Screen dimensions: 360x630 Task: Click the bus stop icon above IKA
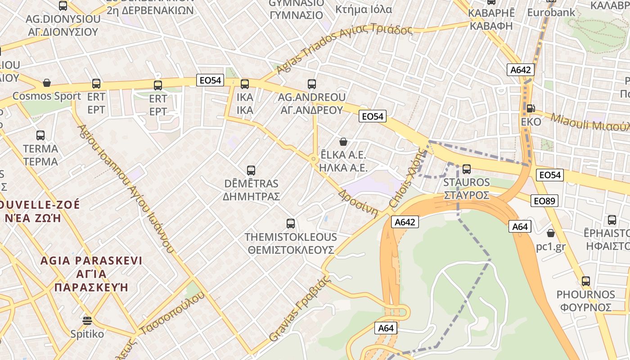(x=245, y=84)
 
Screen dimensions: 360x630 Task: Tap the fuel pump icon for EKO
(x=531, y=108)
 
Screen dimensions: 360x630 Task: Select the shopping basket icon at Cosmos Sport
(x=47, y=83)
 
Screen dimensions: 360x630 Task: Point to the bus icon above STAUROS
(x=467, y=169)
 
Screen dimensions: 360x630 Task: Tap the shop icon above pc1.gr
(x=550, y=233)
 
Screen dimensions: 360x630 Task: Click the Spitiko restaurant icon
(x=87, y=320)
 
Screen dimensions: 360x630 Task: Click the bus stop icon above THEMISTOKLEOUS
(x=291, y=224)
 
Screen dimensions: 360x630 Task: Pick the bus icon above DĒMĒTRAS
(x=251, y=171)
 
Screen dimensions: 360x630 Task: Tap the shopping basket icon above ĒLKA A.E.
(x=343, y=142)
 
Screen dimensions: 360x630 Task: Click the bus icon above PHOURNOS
(x=585, y=281)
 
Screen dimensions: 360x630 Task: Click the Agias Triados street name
(x=344, y=45)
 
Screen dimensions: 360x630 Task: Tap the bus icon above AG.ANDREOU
(x=312, y=84)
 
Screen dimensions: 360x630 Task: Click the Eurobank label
(x=551, y=12)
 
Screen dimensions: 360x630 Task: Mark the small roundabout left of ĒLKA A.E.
(x=313, y=159)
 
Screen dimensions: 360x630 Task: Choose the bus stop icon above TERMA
(x=40, y=135)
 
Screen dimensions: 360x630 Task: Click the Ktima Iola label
(x=364, y=9)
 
